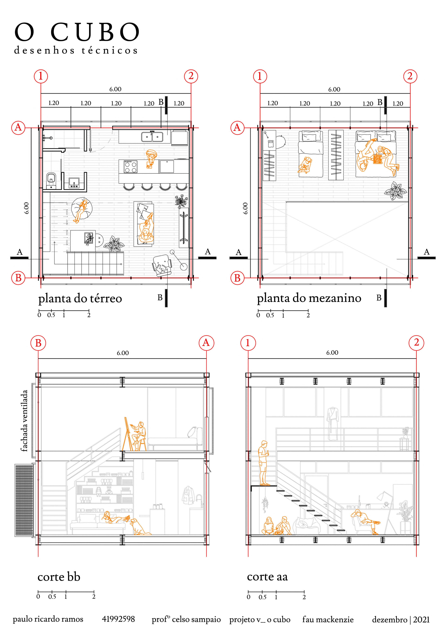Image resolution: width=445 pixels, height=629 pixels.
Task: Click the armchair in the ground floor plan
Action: click(x=162, y=264)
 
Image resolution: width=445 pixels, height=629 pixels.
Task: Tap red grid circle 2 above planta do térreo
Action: click(x=191, y=76)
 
